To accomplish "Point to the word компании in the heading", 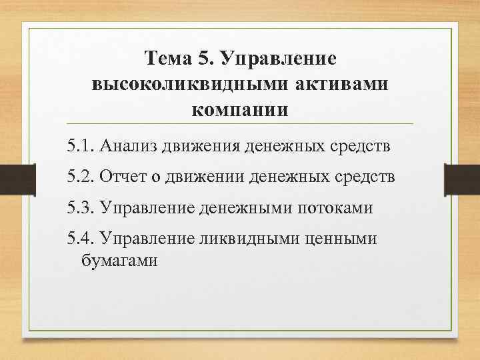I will [240, 109].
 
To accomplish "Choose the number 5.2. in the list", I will [81, 178].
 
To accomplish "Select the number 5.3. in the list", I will [81, 209].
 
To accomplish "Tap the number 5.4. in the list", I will [81, 239].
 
